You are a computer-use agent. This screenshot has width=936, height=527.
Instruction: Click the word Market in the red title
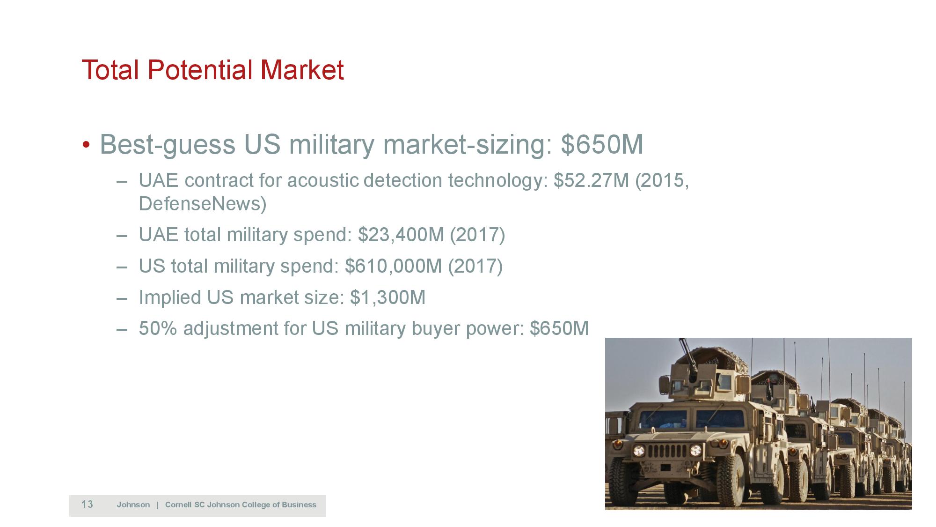302,70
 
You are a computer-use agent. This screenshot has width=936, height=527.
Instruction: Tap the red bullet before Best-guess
86,144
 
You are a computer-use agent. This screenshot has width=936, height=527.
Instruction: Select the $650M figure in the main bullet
602,144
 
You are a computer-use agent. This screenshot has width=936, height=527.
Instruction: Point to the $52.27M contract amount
591,181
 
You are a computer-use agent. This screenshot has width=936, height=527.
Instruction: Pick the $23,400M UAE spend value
401,235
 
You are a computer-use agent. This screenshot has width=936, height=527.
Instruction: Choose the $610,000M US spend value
393,266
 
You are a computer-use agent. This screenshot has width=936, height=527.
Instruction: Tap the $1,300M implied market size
388,297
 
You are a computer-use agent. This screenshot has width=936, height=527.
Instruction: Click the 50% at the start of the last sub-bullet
158,328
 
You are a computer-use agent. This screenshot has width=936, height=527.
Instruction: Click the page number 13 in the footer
87,505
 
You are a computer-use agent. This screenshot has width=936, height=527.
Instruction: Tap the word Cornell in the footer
178,505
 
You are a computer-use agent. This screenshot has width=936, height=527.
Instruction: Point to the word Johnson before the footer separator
133,505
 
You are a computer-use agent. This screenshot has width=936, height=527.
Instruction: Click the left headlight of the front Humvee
639,451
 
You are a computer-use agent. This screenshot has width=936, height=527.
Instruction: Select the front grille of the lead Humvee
666,453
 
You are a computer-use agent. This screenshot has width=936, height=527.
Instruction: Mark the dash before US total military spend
122,267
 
